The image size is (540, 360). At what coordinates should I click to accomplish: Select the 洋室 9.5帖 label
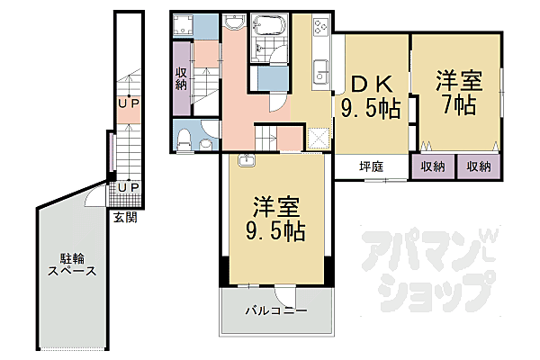[276, 218]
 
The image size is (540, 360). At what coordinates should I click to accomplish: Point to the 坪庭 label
[371, 166]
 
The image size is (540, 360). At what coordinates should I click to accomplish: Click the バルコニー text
[276, 311]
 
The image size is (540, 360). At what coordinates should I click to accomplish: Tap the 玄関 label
[125, 216]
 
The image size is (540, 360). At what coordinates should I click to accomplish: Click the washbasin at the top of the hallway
[235, 23]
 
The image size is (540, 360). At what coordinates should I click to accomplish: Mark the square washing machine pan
[319, 138]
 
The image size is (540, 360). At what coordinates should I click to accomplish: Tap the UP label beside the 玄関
[128, 187]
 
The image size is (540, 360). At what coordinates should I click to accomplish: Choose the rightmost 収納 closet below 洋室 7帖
[478, 166]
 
